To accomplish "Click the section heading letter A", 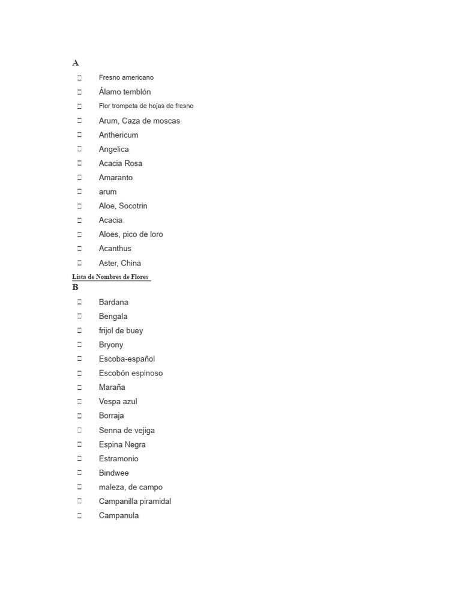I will (76, 63).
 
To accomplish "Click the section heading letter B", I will (76, 288).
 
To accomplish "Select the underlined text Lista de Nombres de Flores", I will (110, 277).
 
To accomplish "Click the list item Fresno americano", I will (126, 77).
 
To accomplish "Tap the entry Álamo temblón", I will (125, 92).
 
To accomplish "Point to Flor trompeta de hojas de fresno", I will (146, 106).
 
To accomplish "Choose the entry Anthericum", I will (118, 135).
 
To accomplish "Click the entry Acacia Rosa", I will (121, 163).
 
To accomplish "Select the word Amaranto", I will (116, 178).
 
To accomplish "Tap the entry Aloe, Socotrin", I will (123, 206).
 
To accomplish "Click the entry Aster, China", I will (120, 263).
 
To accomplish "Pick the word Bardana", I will (113, 302).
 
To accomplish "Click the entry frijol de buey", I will (121, 330).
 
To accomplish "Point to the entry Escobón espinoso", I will (131, 373).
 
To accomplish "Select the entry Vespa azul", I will (118, 401).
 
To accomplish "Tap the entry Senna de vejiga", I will (127, 430).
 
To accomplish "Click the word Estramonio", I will (118, 459).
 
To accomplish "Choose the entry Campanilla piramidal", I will (135, 501).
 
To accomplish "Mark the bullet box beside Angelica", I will (79, 149).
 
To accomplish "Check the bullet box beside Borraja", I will (79, 416).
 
